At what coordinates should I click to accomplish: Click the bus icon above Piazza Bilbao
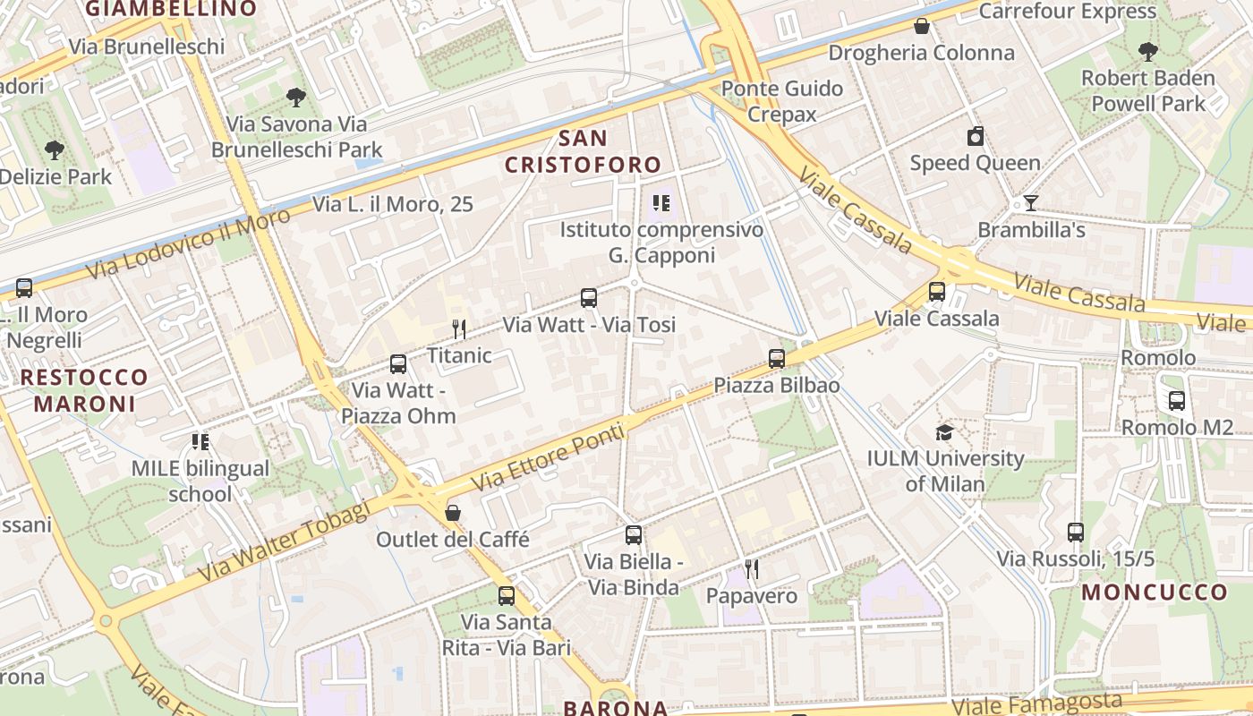pos(777,359)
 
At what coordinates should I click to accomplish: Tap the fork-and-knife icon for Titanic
pos(459,329)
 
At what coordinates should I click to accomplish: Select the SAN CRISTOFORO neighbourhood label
pos(583,151)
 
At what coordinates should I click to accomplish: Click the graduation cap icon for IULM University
pos(944,433)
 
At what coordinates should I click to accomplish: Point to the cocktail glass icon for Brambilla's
pos(1030,203)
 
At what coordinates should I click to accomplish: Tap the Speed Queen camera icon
pos(976,137)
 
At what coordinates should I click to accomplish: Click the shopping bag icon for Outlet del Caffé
pos(453,513)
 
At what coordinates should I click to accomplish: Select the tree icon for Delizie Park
pos(55,149)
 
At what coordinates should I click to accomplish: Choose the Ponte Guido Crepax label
pos(782,101)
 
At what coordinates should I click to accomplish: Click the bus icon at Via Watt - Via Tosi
pos(589,298)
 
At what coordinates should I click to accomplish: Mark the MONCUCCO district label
pos(1155,592)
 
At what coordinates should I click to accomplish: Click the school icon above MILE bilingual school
pos(200,441)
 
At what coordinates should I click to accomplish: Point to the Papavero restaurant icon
pos(752,568)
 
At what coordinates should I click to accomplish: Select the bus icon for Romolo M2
pos(1177,401)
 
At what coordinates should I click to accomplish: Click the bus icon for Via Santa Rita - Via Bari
pos(507,595)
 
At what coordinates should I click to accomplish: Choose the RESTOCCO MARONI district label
pos(84,390)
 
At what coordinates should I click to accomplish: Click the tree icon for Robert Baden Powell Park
pos(1148,52)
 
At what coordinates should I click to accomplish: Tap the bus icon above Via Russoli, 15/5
pos(1076,533)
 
